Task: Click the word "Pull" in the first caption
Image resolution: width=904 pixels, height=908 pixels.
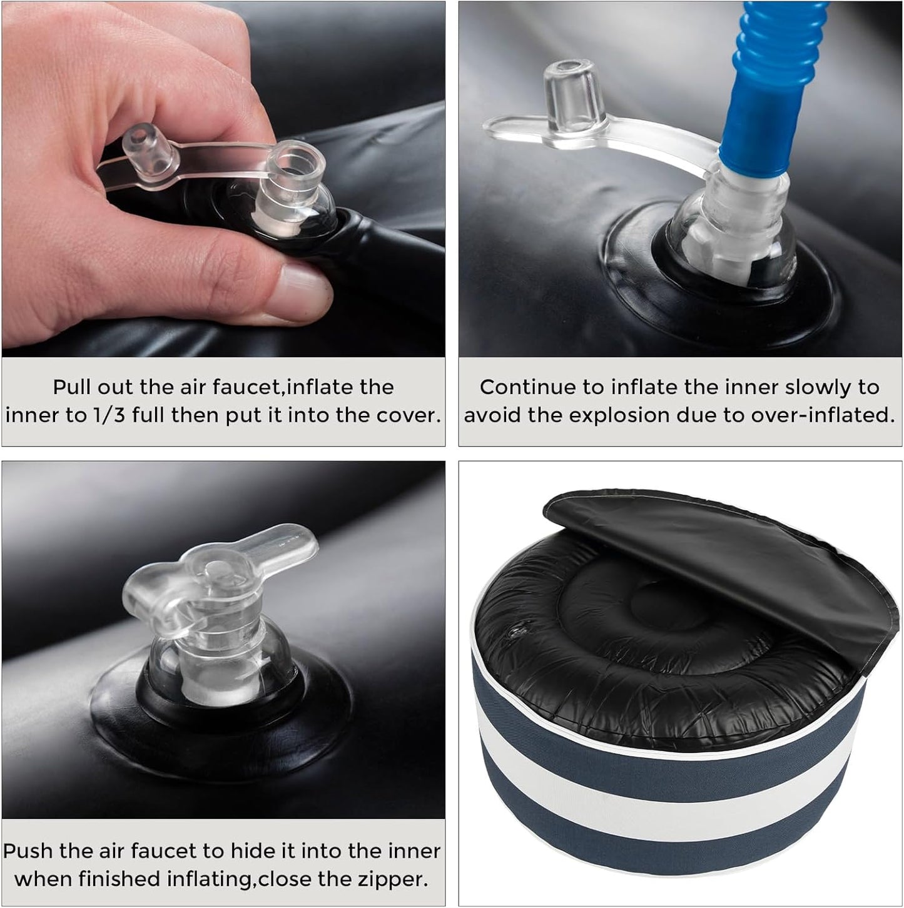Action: (x=71, y=387)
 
